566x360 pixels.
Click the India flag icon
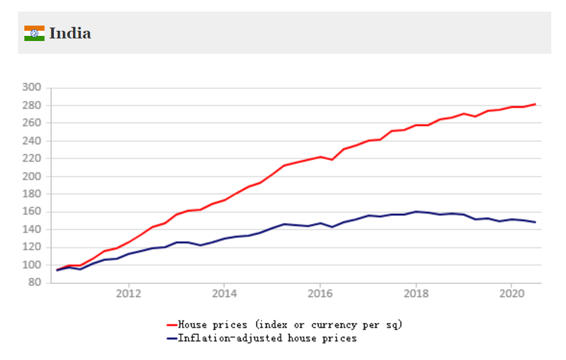(x=34, y=33)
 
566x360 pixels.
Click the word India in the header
(x=70, y=33)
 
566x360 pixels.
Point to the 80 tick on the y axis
(x=33, y=282)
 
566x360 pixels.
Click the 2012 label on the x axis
(x=128, y=294)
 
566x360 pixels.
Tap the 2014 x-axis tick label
(x=224, y=294)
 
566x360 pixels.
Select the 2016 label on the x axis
(x=320, y=294)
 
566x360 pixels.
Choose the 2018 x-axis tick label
(x=415, y=294)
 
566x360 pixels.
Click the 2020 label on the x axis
(x=511, y=294)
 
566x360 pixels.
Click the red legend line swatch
(x=171, y=325)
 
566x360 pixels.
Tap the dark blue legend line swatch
(x=171, y=338)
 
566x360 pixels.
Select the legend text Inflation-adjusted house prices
(x=267, y=338)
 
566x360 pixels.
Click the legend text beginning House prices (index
(x=290, y=325)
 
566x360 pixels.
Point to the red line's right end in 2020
(x=535, y=104)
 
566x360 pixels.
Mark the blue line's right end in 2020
(x=535, y=222)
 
